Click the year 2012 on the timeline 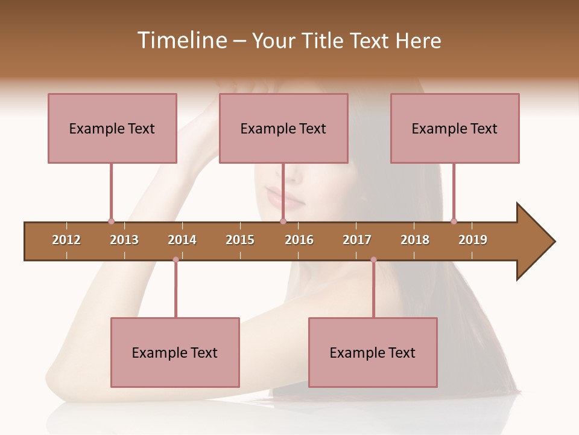tap(66, 240)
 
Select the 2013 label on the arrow tap(124, 240)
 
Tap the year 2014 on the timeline tap(182, 240)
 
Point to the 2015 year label tap(240, 240)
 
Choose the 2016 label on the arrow tap(299, 240)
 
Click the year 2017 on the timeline tap(357, 240)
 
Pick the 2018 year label tap(415, 240)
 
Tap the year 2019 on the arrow tap(473, 240)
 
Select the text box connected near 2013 tap(112, 128)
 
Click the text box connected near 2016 tap(283, 128)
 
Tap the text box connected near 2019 tap(455, 128)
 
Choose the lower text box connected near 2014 tap(175, 353)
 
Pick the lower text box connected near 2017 tap(373, 353)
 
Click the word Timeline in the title tap(180, 40)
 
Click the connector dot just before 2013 tap(111, 221)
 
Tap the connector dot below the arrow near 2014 tap(176, 260)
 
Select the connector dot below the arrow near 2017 tap(373, 260)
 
